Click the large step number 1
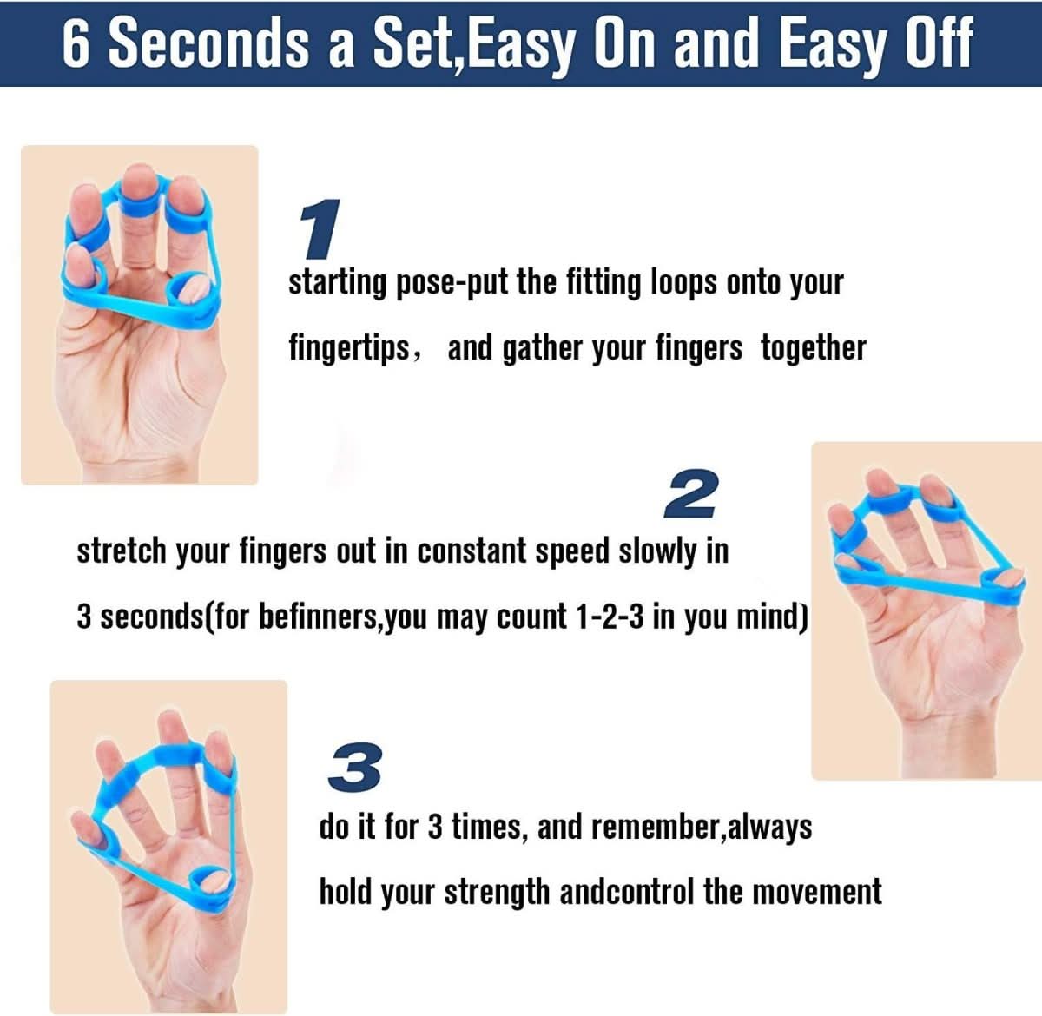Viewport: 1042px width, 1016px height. tap(319, 229)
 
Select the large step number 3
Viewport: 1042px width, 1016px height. tap(355, 768)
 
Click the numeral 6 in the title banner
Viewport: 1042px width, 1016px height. tap(77, 43)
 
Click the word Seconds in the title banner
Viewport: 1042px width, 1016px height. tap(208, 43)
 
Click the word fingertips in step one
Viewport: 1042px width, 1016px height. tap(349, 348)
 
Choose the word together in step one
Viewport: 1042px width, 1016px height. tap(814, 347)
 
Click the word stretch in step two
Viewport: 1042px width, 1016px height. tap(121, 551)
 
